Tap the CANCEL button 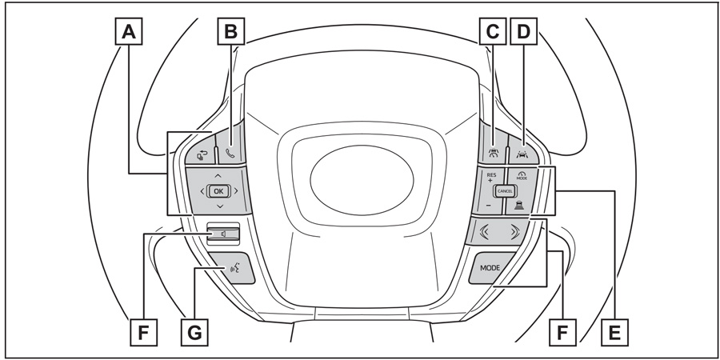[x=505, y=191]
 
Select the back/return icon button [x=201, y=152]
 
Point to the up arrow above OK [x=218, y=175]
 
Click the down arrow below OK [x=218, y=207]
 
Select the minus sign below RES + [x=489, y=207]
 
